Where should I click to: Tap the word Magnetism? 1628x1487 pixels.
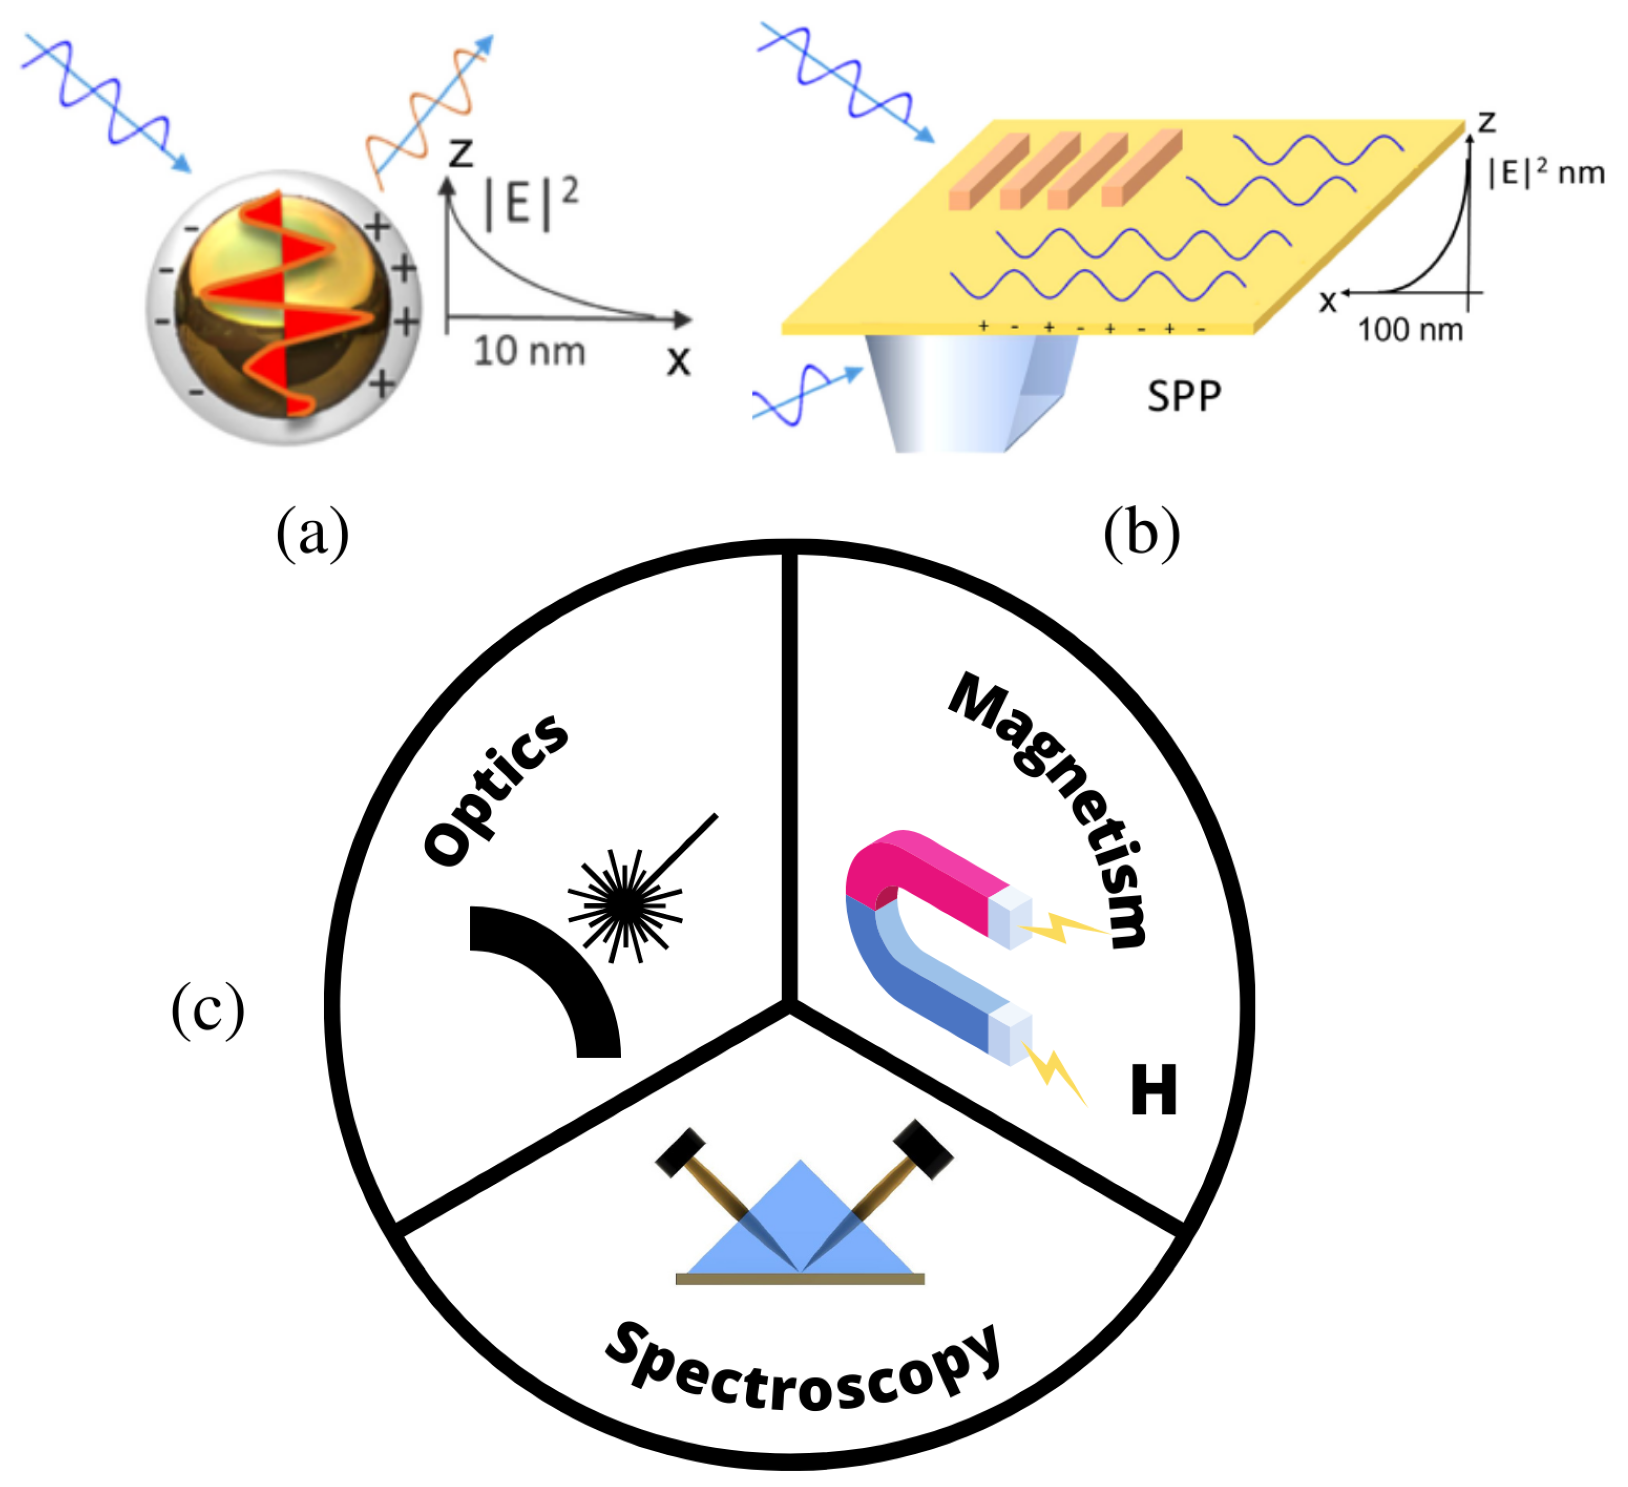click(1050, 808)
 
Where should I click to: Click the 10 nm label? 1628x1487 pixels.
click(529, 351)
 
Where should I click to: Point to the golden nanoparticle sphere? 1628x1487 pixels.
click(283, 307)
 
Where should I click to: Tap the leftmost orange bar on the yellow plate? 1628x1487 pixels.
click(987, 174)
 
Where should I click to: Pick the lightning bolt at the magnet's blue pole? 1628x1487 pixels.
click(1054, 1070)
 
